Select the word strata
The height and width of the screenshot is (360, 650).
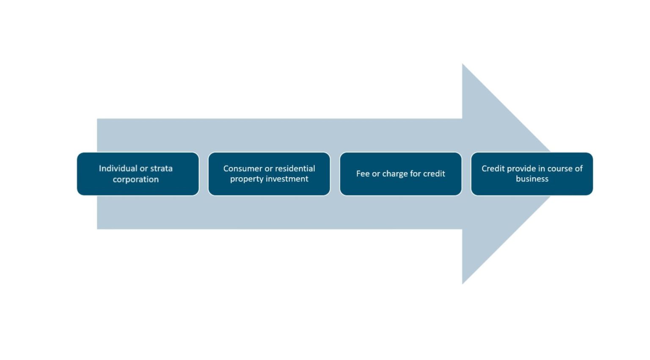click(161, 168)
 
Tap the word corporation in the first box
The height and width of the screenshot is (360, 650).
click(135, 179)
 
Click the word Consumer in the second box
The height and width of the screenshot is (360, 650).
click(242, 168)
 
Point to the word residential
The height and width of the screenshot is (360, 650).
click(295, 168)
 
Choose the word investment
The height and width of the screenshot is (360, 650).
click(288, 179)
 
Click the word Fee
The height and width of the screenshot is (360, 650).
click(363, 173)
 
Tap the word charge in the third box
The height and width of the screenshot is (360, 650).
click(395, 174)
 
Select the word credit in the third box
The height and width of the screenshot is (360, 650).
click(434, 173)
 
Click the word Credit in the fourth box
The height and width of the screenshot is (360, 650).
click(493, 168)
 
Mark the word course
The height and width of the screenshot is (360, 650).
click(560, 168)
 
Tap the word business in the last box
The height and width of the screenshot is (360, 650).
click(532, 179)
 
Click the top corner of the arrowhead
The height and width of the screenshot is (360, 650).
click(463, 65)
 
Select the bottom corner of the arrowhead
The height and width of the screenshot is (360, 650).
click(463, 283)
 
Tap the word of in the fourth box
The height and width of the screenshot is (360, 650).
click(578, 168)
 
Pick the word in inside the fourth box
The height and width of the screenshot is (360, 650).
click(541, 168)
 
